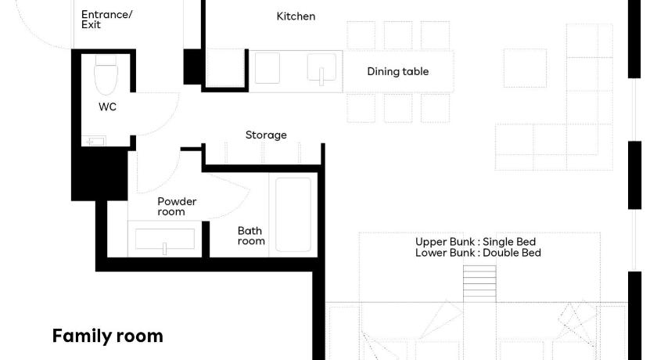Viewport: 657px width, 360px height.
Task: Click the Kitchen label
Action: pos(296,16)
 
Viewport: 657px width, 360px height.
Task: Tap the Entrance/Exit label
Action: pos(106,20)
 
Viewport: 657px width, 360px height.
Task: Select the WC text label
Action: pos(107,107)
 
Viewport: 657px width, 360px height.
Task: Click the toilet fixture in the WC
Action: pos(106,75)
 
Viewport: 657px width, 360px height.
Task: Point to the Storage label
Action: pos(266,135)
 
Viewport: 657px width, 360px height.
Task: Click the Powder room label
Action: pos(177,207)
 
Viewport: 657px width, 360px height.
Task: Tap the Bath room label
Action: pos(251,236)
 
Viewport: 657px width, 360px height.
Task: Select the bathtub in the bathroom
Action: pos(293,214)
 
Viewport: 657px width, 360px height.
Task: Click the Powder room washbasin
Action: pos(165,239)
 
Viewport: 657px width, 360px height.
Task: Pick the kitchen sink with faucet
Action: pos(321,68)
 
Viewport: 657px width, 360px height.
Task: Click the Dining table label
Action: pos(397,72)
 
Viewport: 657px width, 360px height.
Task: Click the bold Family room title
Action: pos(108,336)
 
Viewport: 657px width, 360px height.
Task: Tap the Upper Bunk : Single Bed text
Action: pos(476,242)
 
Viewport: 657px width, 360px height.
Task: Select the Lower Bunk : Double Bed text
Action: pos(478,253)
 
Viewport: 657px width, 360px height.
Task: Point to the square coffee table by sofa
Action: pos(525,68)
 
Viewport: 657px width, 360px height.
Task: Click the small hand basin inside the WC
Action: pos(93,141)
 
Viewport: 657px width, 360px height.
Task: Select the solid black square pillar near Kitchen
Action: pos(192,67)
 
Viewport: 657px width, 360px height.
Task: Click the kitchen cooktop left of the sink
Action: pos(267,68)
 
